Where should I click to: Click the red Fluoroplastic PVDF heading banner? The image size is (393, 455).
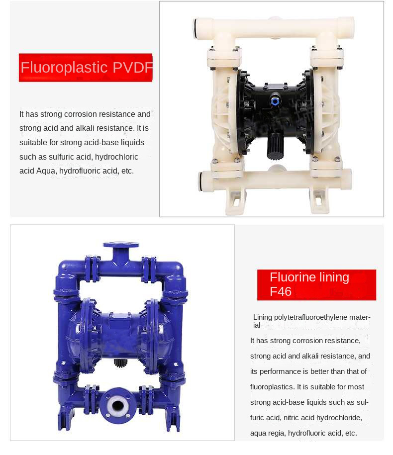(86, 68)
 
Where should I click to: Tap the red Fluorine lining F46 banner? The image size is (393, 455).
(316, 284)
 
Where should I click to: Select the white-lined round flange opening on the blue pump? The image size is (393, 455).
(117, 402)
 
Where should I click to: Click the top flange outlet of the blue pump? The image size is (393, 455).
(120, 246)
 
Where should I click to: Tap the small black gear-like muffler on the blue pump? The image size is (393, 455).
(120, 363)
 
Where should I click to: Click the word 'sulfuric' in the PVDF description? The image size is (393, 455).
(60, 157)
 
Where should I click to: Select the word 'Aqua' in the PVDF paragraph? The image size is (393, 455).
(47, 171)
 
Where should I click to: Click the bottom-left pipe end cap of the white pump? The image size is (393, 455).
(202, 181)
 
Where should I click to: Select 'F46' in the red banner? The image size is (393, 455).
(281, 291)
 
